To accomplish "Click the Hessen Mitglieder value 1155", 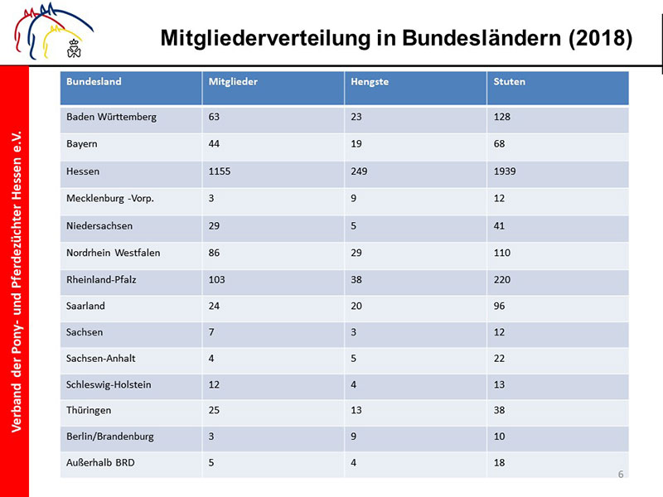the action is [x=220, y=171].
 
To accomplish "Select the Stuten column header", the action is [x=509, y=81].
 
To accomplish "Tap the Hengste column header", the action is [x=370, y=82].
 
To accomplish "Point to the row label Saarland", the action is [x=85, y=306].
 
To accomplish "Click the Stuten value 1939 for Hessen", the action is [x=505, y=171].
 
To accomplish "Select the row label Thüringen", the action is [x=89, y=410].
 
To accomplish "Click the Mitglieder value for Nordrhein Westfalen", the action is [x=214, y=253].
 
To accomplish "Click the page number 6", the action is [x=621, y=474].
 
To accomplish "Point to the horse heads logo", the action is [x=53, y=31].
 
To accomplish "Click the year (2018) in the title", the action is [x=600, y=38].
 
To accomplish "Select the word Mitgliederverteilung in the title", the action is [x=265, y=38].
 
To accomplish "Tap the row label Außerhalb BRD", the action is [x=100, y=463].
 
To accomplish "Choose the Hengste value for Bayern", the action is [x=356, y=143].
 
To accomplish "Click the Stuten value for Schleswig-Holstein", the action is [x=499, y=384].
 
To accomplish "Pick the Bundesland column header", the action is [x=94, y=81].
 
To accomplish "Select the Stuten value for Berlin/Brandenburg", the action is [x=499, y=437].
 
